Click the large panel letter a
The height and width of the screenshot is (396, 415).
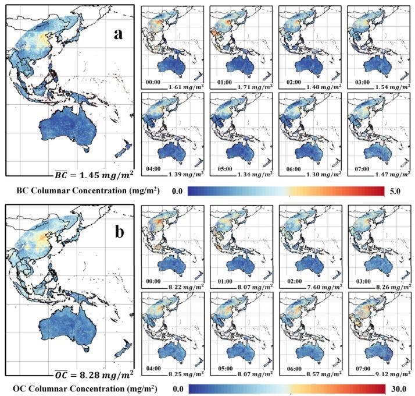coord(119,33)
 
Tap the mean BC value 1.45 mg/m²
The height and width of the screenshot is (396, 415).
coord(92,173)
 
